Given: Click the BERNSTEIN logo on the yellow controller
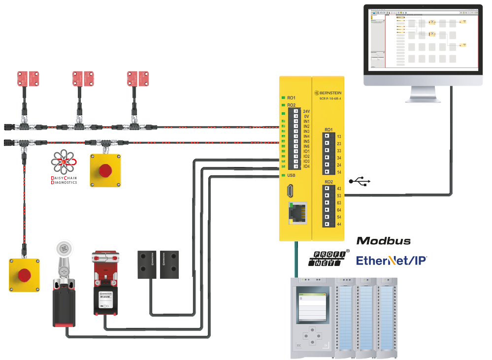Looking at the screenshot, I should click(x=328, y=92).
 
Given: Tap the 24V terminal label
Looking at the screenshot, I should click(x=306, y=111).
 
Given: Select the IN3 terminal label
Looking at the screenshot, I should click(x=306, y=131).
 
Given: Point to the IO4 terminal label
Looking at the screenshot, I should click(x=306, y=166).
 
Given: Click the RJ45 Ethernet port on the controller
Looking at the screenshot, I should click(x=297, y=213).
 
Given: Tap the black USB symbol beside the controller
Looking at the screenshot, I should click(x=360, y=182).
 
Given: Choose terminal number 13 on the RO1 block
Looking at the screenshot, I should click(x=339, y=136).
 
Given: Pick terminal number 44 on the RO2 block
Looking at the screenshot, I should click(x=339, y=225).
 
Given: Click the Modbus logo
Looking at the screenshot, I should click(x=384, y=241).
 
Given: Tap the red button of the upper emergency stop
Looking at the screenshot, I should click(x=105, y=170).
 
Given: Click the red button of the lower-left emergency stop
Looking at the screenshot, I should click(x=24, y=274).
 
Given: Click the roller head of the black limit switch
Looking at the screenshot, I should click(x=63, y=251).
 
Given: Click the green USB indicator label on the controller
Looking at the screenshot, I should click(x=292, y=175).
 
